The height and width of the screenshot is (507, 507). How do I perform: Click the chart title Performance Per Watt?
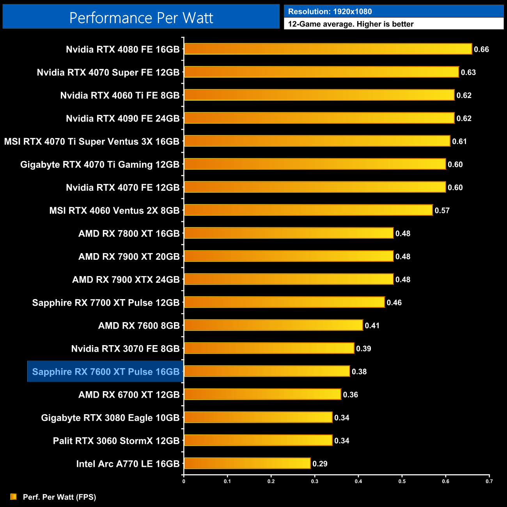click(141, 18)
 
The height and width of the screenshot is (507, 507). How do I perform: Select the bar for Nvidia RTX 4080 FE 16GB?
click(328, 49)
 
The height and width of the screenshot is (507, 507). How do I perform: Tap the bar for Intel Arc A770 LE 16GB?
click(247, 463)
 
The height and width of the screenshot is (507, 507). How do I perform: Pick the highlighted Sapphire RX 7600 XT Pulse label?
click(106, 372)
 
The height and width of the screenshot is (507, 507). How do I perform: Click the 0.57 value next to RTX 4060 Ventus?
click(442, 211)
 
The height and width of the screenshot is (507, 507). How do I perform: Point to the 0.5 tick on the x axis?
click(402, 481)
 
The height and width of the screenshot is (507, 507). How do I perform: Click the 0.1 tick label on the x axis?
click(227, 481)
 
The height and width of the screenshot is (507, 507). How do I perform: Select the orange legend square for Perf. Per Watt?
click(14, 496)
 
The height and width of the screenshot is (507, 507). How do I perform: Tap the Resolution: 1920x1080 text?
click(330, 11)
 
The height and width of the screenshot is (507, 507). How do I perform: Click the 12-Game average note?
click(351, 24)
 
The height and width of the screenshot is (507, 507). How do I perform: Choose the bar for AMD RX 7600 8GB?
click(273, 325)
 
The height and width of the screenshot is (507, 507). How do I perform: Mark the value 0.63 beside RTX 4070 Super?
click(468, 72)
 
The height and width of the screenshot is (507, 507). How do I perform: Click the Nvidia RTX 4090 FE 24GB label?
click(122, 118)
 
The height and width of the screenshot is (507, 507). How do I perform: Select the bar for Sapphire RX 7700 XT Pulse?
click(284, 302)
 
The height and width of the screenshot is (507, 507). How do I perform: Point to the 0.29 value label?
click(320, 464)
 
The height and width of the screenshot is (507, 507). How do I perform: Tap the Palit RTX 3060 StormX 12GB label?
click(116, 441)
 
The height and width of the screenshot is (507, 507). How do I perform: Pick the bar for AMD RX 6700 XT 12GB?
click(262, 394)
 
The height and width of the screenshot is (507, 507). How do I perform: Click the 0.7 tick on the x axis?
click(489, 481)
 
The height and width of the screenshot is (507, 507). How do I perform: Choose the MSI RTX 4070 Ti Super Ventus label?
click(92, 141)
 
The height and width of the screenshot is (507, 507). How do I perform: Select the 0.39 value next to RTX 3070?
click(363, 349)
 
